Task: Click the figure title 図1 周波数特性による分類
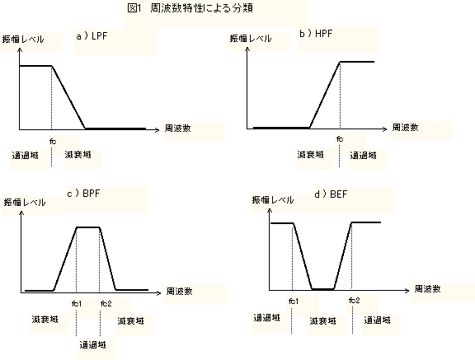190,8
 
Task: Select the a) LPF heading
92,36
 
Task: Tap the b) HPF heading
316,33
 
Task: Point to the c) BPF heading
83,193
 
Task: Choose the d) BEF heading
331,194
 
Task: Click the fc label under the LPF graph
53,141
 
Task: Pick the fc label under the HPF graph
340,139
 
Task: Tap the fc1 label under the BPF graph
77,303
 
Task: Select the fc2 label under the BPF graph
106,303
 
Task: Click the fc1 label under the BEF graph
294,301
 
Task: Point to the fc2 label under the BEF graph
354,301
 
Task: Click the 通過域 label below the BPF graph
92,344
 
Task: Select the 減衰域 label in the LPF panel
78,155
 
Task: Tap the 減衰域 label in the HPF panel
311,155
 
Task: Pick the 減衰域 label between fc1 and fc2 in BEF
322,320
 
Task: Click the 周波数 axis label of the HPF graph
406,128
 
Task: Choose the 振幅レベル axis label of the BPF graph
25,203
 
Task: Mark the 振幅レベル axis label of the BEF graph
273,199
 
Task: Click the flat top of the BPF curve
88,227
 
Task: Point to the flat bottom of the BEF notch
323,289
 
